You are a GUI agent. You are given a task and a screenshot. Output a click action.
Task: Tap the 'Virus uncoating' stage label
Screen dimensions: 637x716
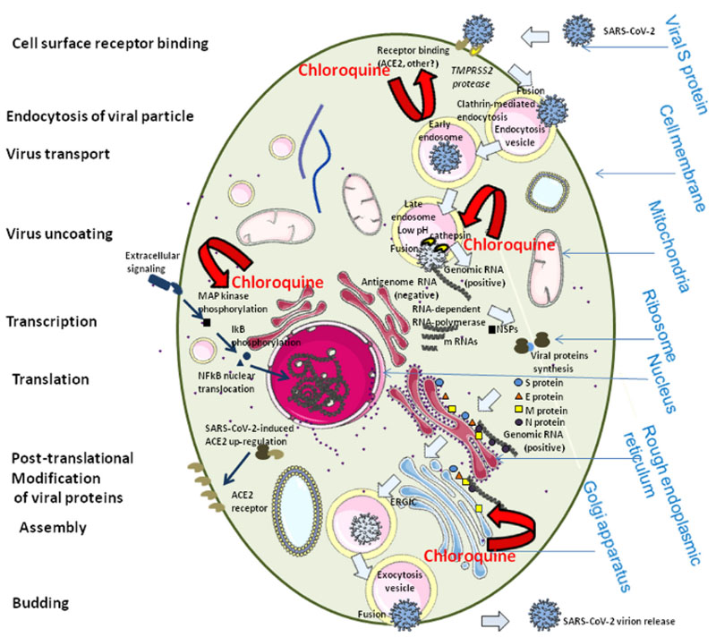[x=59, y=234]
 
